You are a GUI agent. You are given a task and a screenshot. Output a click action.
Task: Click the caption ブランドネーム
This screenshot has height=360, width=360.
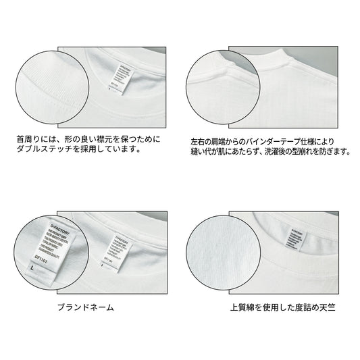click(84, 307)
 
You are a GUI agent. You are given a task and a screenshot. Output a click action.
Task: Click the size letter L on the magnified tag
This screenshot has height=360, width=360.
click(32, 269)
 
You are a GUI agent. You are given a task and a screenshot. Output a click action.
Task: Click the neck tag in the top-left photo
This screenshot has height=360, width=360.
click(111, 76)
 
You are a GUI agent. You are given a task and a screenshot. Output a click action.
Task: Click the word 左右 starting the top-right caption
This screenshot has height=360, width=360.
click(197, 142)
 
